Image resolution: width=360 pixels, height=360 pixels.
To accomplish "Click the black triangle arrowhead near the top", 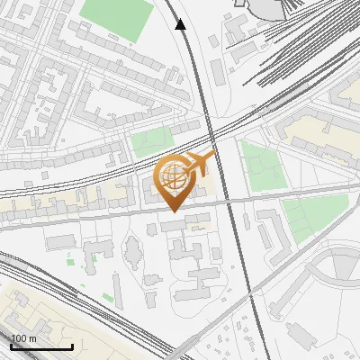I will pos(181,24).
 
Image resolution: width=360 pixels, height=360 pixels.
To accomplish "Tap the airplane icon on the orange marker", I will pos(201,164).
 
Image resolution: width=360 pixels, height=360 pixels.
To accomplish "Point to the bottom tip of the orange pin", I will pos(173,211).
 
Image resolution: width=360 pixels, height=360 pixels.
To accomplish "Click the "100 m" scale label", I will pos(23,338).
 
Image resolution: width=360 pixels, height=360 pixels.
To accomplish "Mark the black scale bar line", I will pos(41,347).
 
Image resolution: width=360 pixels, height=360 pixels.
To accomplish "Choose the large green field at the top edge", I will pos(118,19).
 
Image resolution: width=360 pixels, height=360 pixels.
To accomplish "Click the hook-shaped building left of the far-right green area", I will pos(268,229).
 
